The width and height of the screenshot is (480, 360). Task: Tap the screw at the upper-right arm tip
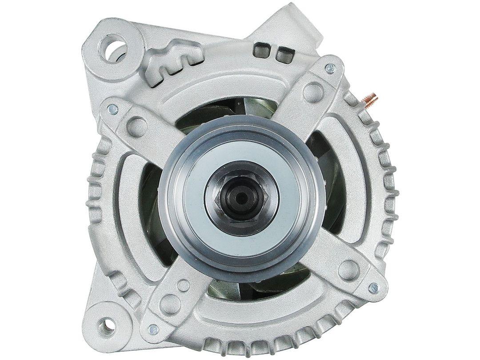tap(330, 68)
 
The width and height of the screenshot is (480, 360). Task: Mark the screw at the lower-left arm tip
tap(153, 329)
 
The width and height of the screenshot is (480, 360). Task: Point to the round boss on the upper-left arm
tap(137, 126)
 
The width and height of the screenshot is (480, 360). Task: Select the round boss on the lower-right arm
tap(348, 268)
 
